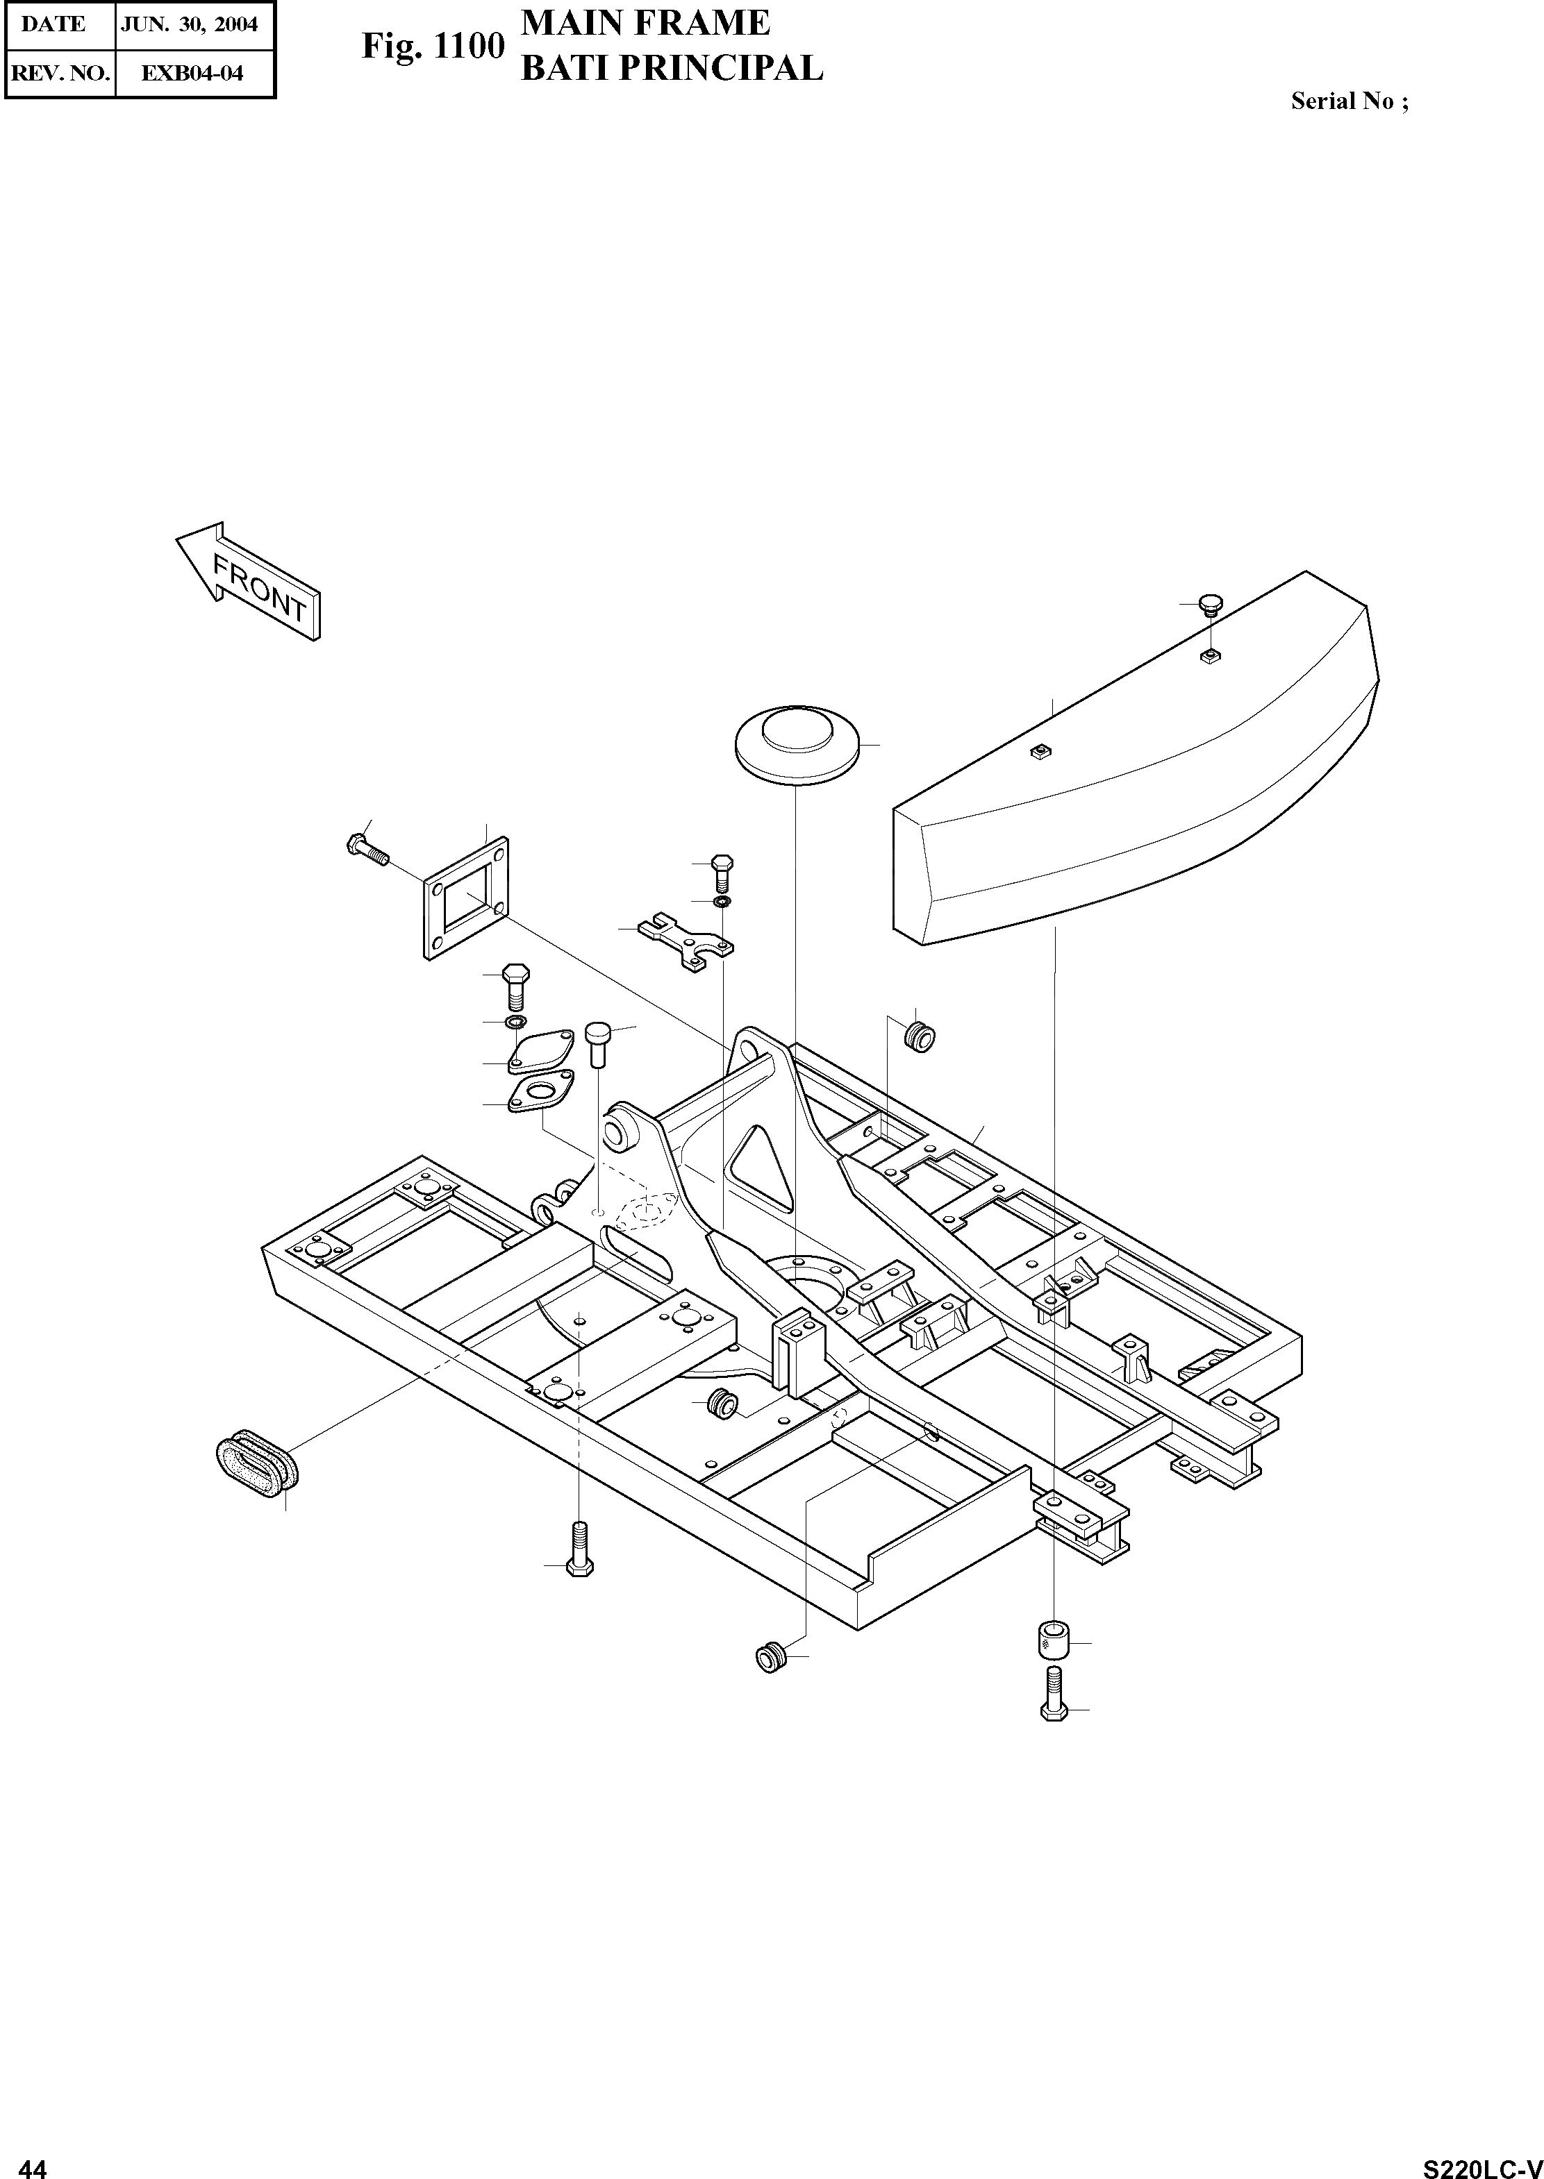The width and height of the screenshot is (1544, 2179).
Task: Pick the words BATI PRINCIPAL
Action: click(671, 69)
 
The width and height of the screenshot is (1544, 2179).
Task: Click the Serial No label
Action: click(1348, 101)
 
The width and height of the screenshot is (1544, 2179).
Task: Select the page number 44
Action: click(33, 2161)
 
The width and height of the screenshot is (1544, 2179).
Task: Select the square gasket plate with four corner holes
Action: click(465, 898)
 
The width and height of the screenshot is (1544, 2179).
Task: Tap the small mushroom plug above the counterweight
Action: click(1211, 605)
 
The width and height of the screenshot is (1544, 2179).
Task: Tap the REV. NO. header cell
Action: click(60, 72)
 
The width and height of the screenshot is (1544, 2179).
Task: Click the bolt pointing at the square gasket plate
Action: click(367, 848)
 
